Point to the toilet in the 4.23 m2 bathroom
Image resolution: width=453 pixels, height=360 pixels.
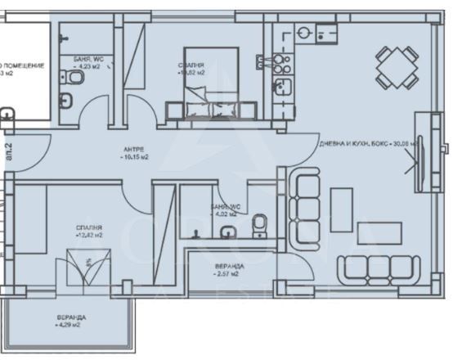tap(75, 78)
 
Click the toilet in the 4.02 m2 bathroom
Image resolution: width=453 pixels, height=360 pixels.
tap(260, 223)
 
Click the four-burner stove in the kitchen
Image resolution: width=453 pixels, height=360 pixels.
tap(284, 61)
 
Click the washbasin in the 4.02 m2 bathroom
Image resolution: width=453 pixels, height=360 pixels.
tap(197, 232)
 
